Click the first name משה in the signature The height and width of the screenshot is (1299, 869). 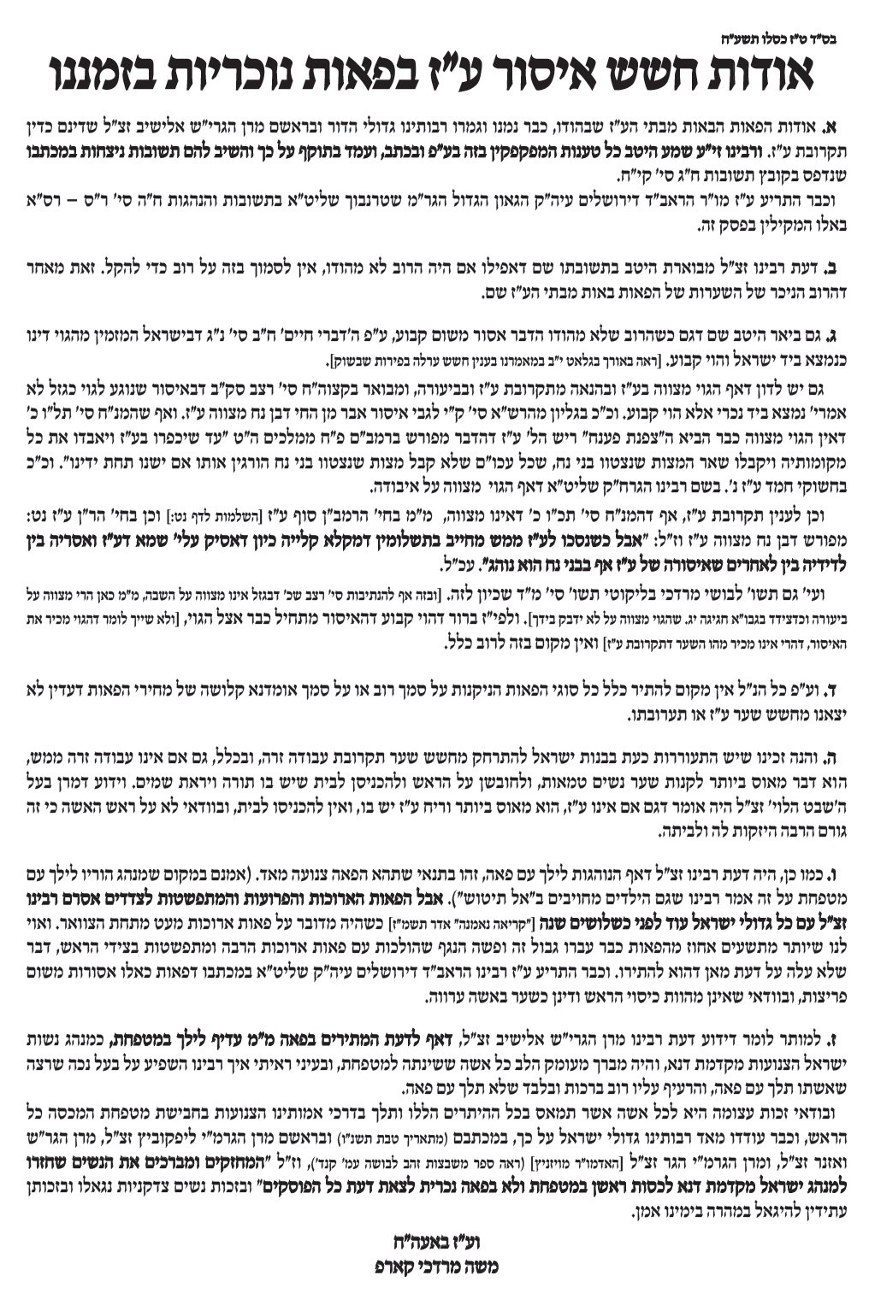pos(481,1267)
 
